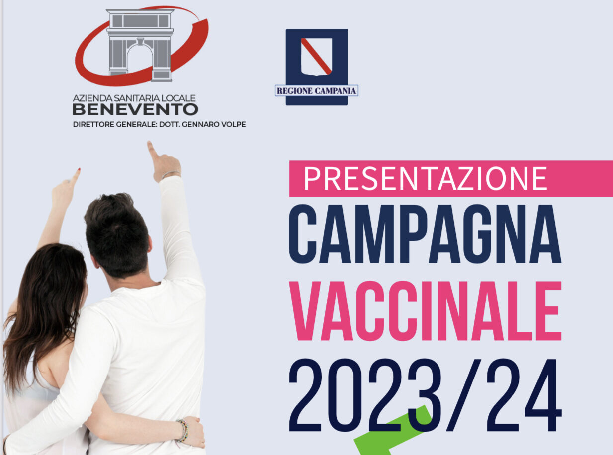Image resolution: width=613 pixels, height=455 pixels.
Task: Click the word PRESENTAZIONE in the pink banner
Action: (x=425, y=178)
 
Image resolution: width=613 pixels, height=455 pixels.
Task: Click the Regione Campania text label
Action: (x=317, y=91)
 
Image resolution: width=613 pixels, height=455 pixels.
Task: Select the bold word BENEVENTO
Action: (x=135, y=109)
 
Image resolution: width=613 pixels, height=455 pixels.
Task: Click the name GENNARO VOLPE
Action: (x=219, y=124)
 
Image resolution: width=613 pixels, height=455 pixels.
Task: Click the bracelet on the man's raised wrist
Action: (x=171, y=174)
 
